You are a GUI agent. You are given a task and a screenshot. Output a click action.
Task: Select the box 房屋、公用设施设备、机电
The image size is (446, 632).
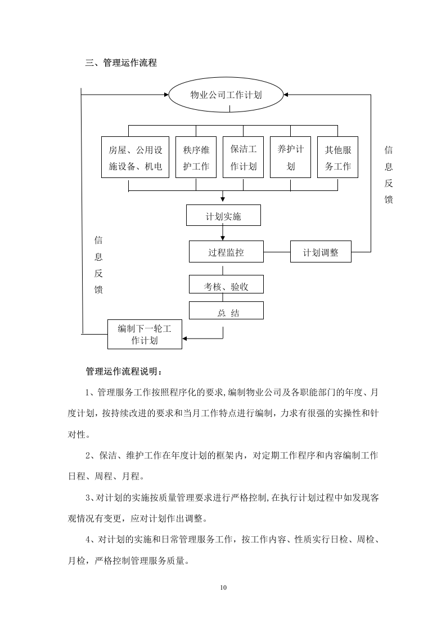(136, 158)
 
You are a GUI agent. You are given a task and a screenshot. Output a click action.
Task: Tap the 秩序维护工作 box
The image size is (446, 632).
(196, 158)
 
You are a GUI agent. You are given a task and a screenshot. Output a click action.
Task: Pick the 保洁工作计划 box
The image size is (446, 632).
(243, 158)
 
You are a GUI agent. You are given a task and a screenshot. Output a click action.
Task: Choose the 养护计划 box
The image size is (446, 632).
(290, 158)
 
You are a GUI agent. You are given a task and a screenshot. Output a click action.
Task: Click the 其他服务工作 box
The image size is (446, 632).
(337, 158)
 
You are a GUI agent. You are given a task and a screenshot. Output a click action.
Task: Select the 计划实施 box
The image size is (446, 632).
(224, 215)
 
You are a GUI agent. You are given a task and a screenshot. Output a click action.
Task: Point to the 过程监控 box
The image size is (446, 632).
(226, 252)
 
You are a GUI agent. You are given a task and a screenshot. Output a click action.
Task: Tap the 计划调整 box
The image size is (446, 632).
(321, 252)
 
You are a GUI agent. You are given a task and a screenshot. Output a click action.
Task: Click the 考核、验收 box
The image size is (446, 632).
(226, 287)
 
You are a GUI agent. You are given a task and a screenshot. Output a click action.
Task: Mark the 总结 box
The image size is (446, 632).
(226, 312)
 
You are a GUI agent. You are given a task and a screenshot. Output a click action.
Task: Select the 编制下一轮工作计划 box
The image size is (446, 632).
(145, 334)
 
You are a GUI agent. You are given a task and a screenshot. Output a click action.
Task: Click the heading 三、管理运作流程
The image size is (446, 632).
(121, 63)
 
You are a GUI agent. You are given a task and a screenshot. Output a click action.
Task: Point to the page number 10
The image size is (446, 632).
(223, 588)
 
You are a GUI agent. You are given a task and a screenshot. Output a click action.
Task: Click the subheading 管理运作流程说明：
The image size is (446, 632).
(124, 371)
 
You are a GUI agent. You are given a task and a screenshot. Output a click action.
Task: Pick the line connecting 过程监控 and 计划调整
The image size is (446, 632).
(277, 252)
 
